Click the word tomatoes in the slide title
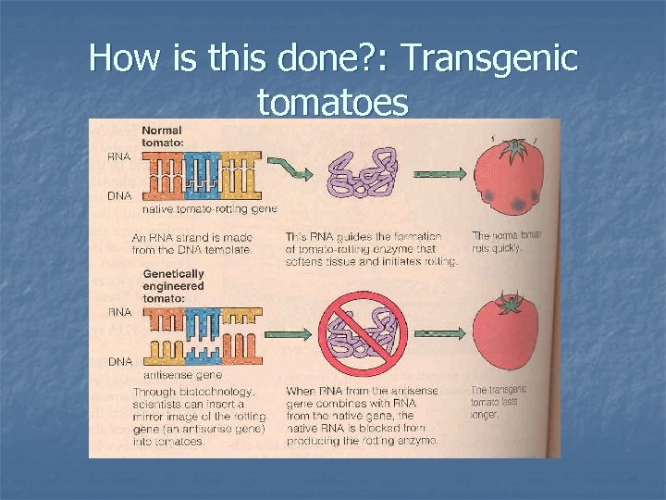click(333, 103)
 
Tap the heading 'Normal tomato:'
click(162, 136)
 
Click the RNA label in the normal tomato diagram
click(118, 157)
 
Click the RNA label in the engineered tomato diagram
click(118, 313)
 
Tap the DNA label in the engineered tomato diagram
click(118, 360)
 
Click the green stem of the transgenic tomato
click(506, 304)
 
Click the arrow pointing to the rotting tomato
click(437, 174)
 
